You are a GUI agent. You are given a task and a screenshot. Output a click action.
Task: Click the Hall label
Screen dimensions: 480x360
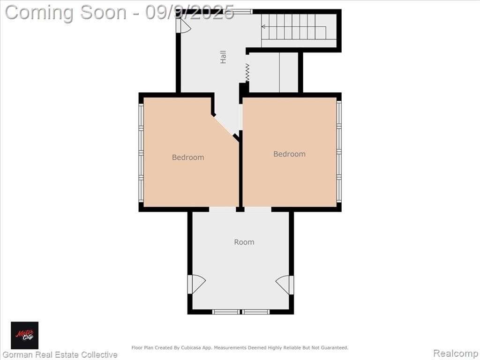[x=223, y=57]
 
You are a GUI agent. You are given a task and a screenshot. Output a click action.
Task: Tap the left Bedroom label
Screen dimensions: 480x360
[x=188, y=157]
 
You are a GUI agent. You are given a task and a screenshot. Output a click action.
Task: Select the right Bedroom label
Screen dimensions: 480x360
[x=289, y=154]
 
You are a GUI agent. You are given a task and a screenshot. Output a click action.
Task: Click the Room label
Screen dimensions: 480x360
[x=244, y=242]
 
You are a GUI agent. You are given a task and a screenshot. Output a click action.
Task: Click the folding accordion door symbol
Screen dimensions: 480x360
[x=247, y=73]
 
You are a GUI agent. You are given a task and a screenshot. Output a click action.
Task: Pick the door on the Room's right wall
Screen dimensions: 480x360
[x=285, y=285]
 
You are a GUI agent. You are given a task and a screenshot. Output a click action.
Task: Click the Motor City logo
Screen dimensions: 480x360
[x=24, y=335]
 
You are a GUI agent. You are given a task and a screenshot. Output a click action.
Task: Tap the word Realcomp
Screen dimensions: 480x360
[x=455, y=353]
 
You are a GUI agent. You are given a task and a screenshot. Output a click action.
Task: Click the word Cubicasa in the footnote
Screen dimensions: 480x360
[x=190, y=348]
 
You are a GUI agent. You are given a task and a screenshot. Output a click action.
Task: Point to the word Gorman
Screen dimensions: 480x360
[x=18, y=355]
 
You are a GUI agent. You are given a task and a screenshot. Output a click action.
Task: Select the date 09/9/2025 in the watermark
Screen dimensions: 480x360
[x=190, y=13]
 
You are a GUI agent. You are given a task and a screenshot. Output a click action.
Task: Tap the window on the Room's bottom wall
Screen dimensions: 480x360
[x=241, y=312]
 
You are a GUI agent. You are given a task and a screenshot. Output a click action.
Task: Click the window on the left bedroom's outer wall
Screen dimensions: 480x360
[x=141, y=153]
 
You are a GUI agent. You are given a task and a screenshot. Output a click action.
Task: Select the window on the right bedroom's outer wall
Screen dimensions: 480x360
[x=339, y=152]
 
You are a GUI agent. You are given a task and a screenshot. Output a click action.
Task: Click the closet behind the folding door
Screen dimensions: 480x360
[x=273, y=72]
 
